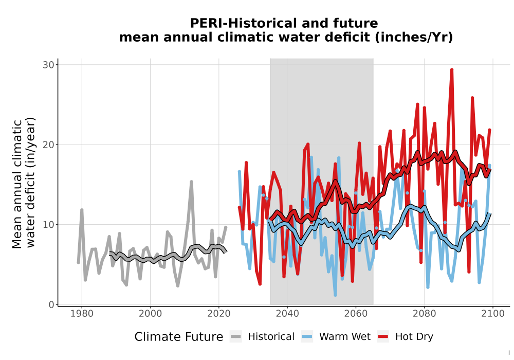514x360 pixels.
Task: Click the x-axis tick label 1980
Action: (82, 314)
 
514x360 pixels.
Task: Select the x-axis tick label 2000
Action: (150, 314)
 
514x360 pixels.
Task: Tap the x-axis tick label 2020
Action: (218, 314)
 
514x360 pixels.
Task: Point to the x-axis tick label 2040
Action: (287, 314)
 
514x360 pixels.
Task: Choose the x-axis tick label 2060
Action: (356, 314)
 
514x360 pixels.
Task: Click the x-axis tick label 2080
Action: (424, 314)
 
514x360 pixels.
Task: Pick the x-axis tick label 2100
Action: (493, 314)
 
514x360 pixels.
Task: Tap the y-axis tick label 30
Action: (48, 65)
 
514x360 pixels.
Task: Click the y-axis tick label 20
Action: (48, 145)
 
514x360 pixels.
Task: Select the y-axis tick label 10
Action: (48, 225)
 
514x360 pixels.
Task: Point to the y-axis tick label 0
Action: (51, 304)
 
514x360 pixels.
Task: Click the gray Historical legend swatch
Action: (236, 336)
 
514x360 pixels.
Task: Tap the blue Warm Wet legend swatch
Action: (307, 336)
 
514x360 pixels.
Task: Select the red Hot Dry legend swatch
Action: (383, 336)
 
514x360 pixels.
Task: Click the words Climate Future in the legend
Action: (179, 337)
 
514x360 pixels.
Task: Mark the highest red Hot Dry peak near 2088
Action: (452, 70)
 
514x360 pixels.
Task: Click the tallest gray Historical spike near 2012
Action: (191, 182)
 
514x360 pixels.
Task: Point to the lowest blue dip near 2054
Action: (335, 295)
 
